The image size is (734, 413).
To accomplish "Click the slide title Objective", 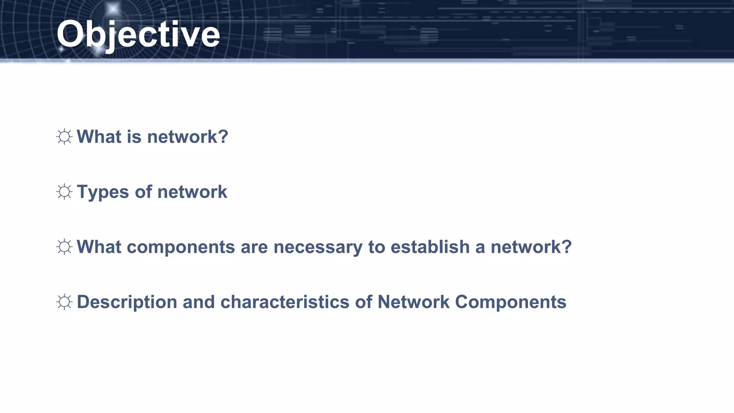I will tap(138, 34).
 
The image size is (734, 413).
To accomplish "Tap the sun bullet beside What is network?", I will tap(65, 137).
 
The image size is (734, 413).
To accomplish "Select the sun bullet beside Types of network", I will tap(65, 192).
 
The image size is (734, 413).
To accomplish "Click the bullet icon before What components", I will tap(65, 247).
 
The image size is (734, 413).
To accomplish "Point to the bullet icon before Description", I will tap(65, 302).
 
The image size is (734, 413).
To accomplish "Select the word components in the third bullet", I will tap(181, 247).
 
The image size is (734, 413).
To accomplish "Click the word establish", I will tap(430, 247).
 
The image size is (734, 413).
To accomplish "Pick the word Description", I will tap(127, 302).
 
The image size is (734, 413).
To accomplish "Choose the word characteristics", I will tap(285, 302).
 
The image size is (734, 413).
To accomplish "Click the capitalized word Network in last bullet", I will tap(413, 302).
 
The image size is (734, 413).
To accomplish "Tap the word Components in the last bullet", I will tap(510, 302).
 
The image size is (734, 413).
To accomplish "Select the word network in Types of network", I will tap(192, 192).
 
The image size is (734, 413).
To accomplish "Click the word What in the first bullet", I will tap(99, 137).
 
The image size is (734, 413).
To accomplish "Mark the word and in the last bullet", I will tap(199, 302).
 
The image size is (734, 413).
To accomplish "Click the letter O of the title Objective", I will tap(70, 34).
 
